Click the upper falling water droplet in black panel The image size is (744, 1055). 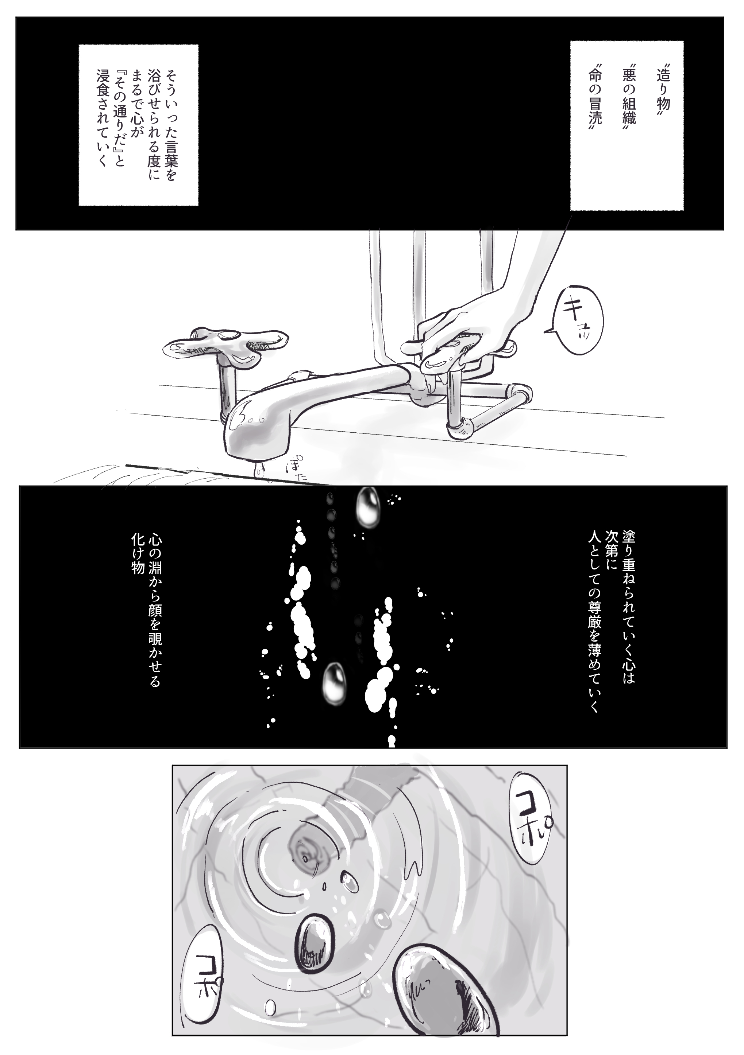[x=368, y=506]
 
